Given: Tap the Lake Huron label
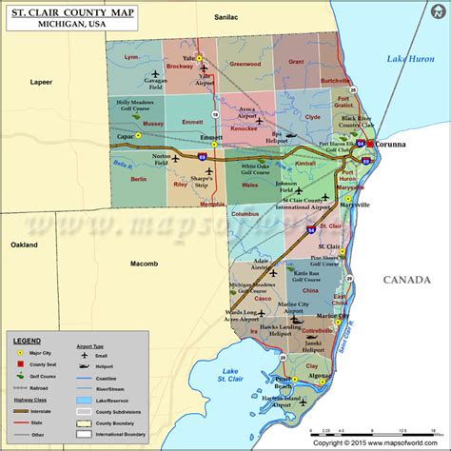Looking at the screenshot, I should point(409,59).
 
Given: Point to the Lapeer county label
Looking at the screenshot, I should point(41,82).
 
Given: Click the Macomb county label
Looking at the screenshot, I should point(144,262).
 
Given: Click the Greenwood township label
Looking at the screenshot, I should point(245,64).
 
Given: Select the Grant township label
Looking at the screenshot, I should point(296,62).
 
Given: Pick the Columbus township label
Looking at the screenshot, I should point(245,214).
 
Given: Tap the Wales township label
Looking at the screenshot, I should point(250,187).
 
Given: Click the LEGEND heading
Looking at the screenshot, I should point(27,339).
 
